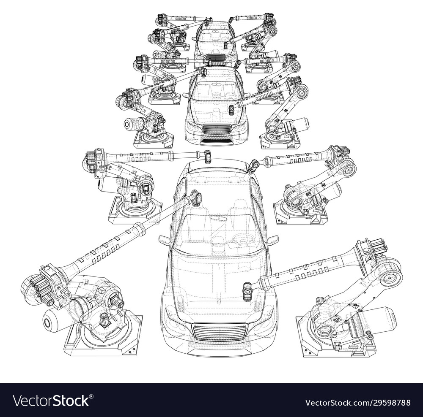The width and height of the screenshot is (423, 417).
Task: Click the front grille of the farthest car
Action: [x=215, y=58]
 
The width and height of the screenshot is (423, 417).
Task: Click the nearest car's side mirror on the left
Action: [x=164, y=241]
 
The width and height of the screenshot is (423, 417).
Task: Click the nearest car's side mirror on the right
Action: [x=272, y=240]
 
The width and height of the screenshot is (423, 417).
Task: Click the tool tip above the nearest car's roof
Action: [x=207, y=157]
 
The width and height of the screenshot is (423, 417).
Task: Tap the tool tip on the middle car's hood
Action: [x=231, y=110]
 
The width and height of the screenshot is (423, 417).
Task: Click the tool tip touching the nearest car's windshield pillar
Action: [x=195, y=198]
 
